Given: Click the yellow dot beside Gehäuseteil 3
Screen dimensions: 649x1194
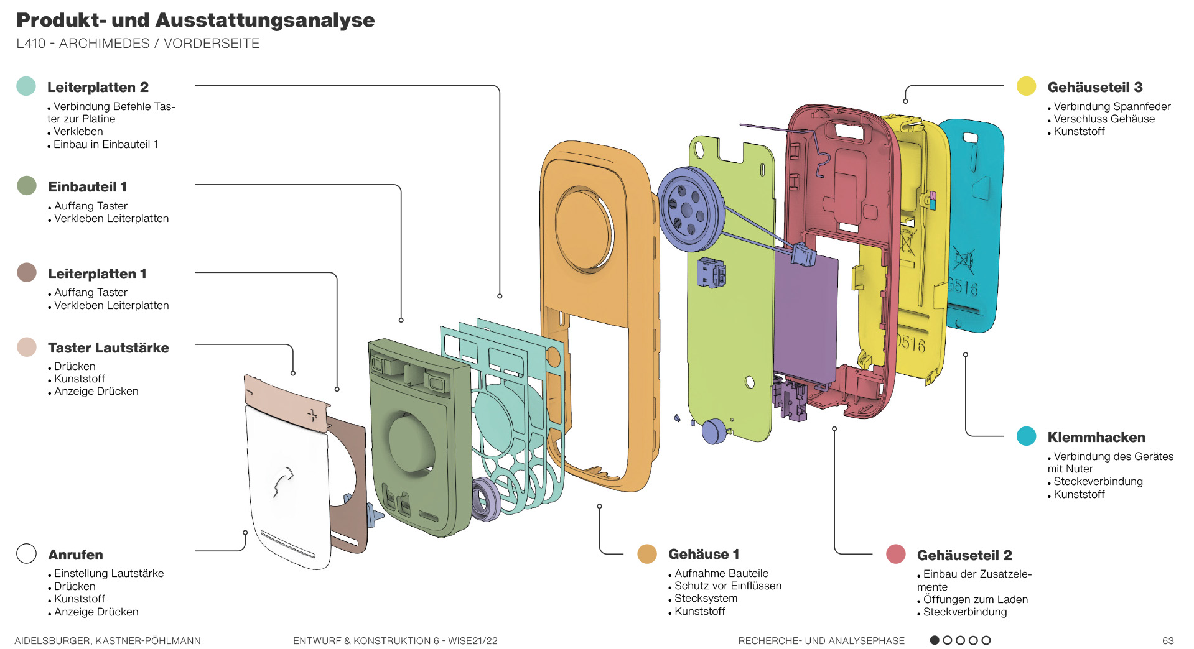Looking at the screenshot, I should point(1026,86).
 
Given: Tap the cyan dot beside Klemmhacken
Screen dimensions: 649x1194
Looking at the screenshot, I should point(1026,436).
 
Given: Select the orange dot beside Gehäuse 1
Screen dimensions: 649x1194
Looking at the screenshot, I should point(647,554).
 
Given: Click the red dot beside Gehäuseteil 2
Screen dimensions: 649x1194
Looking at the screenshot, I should point(895,554).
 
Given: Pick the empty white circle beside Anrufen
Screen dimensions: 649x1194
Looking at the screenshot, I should point(26,553).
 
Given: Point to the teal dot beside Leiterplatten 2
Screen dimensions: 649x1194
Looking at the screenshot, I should point(26,86).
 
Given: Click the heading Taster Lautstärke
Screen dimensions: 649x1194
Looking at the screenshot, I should point(108,348).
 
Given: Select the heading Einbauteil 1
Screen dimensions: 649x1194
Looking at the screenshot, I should point(87,186).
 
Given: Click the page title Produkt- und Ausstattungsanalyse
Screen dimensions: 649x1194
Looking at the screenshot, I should point(195,20).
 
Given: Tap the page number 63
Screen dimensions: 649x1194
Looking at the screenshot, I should point(1168,640).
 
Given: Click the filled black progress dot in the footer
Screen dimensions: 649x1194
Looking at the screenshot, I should point(935,640).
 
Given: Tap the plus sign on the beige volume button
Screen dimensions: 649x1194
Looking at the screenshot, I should point(313,415).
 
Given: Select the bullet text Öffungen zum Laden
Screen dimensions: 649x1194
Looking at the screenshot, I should point(975,599).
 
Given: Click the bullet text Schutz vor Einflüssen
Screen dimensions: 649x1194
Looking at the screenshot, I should point(727,586).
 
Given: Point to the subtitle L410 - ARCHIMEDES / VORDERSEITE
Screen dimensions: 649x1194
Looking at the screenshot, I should point(138,44).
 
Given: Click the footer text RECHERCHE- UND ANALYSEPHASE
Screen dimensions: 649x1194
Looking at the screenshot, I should point(821,640).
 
